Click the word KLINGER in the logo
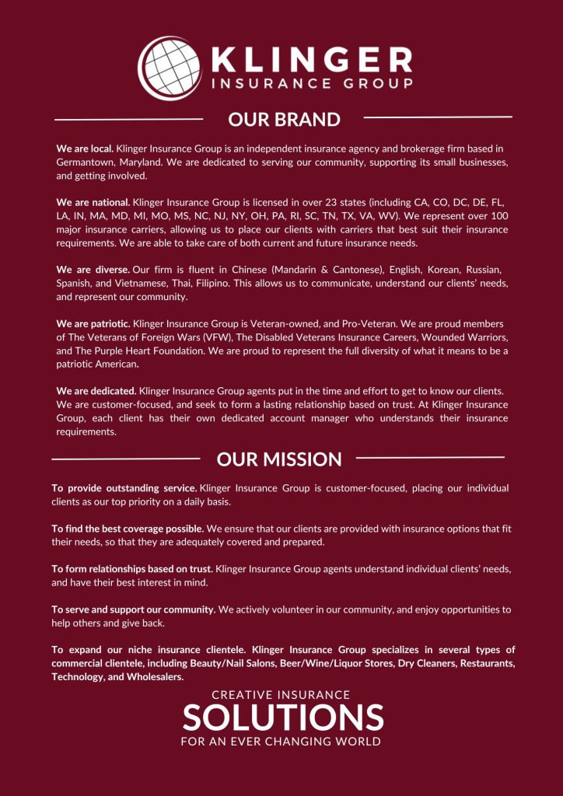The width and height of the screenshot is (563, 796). tap(310, 60)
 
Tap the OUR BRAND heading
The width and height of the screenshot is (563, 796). tap(284, 119)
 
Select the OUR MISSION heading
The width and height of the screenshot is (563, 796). tap(279, 459)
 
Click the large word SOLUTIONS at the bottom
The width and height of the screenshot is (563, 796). tap(283, 716)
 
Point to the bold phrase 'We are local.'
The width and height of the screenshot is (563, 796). tap(85, 148)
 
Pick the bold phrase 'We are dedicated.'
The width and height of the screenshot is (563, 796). tap(96, 390)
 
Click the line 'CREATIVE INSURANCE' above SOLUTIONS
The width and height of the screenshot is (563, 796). tap(281, 694)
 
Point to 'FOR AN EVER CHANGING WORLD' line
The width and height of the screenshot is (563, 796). tap(281, 742)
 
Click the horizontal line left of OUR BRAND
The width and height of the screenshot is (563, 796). tap(128, 120)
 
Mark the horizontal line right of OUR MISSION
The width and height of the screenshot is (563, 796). tap(430, 457)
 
